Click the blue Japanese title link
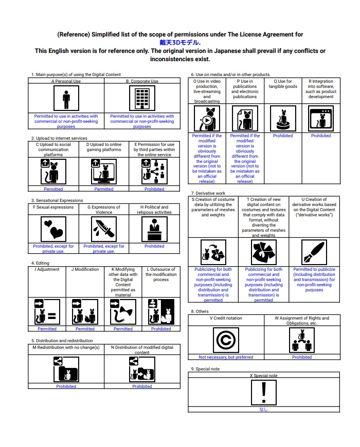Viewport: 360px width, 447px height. coord(179,43)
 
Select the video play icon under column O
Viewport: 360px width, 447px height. coord(207,120)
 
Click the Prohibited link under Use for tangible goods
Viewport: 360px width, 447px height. coord(283,136)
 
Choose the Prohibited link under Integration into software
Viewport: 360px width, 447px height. coord(321,136)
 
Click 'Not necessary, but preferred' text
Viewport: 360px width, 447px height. coord(226,357)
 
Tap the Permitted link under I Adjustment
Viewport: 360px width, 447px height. coord(47,329)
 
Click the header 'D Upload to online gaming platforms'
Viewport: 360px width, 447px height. coord(104,147)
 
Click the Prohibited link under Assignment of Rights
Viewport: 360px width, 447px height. coord(302,357)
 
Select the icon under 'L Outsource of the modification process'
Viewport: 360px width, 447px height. coord(161,311)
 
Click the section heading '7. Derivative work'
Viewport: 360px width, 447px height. coord(208,193)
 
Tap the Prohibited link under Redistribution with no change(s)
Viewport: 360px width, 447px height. coord(66,386)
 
